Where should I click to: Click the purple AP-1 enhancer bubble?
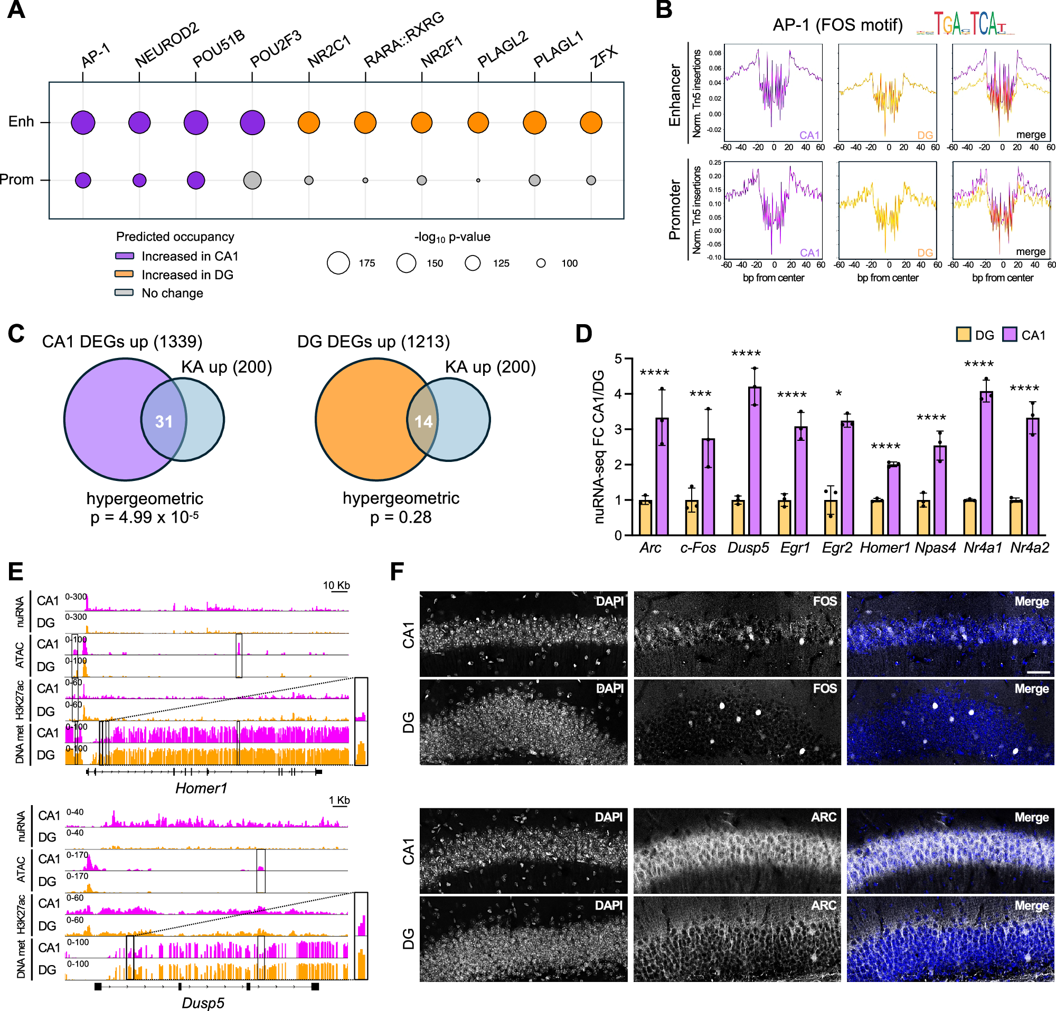[83, 122]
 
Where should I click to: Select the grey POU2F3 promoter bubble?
[252, 180]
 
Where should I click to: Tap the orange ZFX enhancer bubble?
[590, 122]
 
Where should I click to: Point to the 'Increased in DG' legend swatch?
[124, 274]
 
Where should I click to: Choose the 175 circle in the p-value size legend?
[338, 263]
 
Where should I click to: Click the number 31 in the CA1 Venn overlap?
[164, 421]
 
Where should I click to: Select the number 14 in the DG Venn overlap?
[423, 421]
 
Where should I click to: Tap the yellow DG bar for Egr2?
[831, 517]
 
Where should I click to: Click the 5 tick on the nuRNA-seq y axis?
[618, 358]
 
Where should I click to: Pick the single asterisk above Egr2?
[838, 394]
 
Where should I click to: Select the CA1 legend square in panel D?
[1009, 335]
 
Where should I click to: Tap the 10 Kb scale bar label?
[336, 585]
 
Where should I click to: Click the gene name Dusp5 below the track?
[203, 1003]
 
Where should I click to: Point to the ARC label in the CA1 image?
[823, 817]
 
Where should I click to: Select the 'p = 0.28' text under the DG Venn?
[401, 517]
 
